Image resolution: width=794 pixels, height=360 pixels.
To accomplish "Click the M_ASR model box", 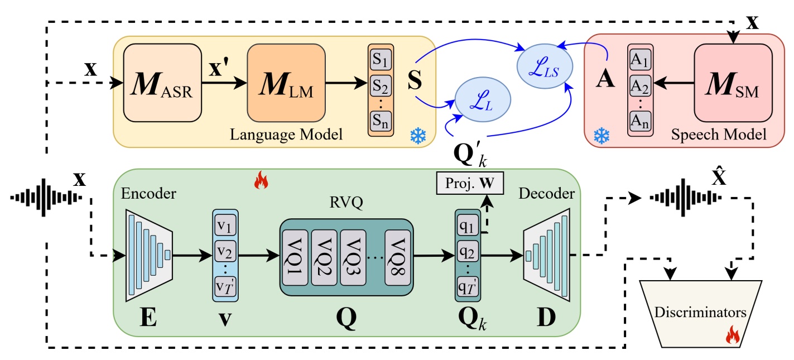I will point(162,83).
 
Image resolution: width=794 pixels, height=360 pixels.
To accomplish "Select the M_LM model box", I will point(286,83).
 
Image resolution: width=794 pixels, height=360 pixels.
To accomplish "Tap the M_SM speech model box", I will point(733,83).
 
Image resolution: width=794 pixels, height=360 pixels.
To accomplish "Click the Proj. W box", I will point(469,184).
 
